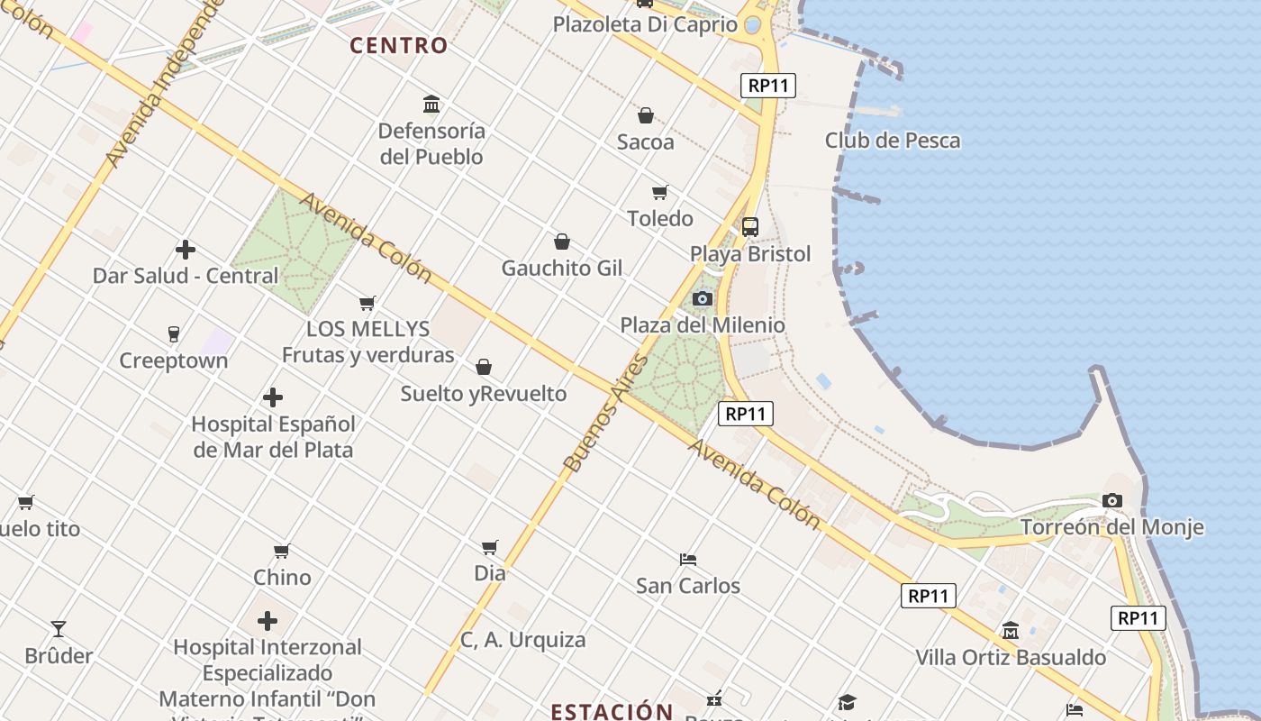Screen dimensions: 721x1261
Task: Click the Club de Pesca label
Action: (x=892, y=141)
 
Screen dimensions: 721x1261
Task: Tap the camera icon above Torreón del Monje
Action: (x=1112, y=500)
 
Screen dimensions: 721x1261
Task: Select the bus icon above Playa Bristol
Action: (x=749, y=227)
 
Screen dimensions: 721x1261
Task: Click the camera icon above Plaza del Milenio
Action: (x=703, y=298)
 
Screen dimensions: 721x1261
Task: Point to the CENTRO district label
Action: (x=398, y=45)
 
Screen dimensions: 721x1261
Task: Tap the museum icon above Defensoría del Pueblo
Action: (x=431, y=105)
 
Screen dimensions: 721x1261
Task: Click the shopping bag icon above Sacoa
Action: (x=645, y=115)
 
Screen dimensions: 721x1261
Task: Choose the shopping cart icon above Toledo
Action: (x=660, y=192)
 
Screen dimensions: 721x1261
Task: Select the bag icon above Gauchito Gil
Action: (x=562, y=242)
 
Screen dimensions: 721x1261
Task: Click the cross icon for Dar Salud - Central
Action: (x=186, y=250)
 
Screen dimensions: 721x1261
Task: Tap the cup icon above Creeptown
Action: (x=174, y=334)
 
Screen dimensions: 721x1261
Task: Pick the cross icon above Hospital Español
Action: (x=273, y=397)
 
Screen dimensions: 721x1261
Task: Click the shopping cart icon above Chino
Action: (x=282, y=551)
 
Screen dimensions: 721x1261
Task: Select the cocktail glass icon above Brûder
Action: (x=59, y=628)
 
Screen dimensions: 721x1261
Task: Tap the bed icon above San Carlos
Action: (x=688, y=559)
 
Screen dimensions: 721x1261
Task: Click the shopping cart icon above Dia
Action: (x=490, y=547)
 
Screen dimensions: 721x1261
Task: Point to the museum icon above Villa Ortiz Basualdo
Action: (x=1011, y=631)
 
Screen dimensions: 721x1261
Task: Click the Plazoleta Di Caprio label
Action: (x=645, y=24)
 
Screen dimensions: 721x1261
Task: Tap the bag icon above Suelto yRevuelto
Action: (x=484, y=367)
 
